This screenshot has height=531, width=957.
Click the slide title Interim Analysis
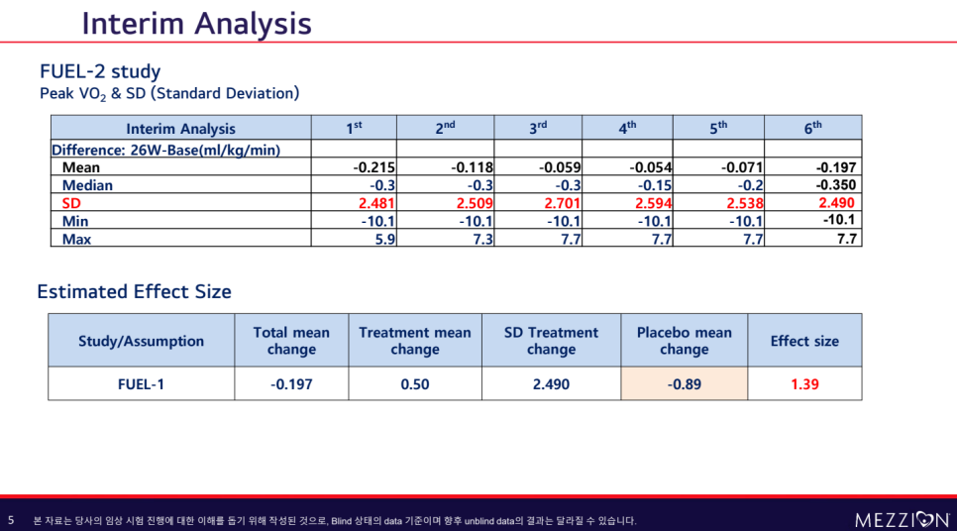pos(196,23)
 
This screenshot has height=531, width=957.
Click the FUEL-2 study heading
pos(100,71)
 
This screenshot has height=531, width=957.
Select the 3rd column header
pos(538,128)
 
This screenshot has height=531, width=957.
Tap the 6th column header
pos(812,128)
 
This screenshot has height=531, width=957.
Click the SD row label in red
pos(72,203)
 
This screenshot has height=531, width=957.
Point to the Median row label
pos(87,185)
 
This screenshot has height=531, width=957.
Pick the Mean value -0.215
pos(373,167)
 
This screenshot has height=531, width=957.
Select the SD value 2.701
pos(560,203)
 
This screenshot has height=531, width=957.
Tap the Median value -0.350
pos(836,185)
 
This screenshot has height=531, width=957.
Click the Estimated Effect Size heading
pos(134,291)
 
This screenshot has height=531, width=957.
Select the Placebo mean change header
pos(684,341)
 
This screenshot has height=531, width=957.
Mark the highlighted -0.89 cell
pos(684,384)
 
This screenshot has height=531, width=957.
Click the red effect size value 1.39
pos(804,384)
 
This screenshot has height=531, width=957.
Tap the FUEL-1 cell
pos(141,384)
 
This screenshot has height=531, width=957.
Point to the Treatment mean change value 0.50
pos(415,384)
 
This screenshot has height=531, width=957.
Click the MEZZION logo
pos(901,519)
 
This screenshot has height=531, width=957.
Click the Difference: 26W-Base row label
pos(165,150)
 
